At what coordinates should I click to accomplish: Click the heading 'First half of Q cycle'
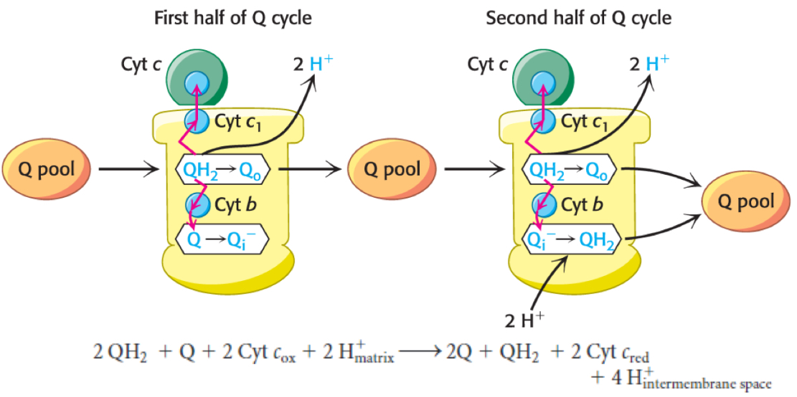[x=233, y=18]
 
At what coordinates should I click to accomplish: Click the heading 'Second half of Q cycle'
[x=578, y=18]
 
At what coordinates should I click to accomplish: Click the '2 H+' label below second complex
[x=525, y=320]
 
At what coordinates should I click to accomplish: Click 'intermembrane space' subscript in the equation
[x=707, y=385]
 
